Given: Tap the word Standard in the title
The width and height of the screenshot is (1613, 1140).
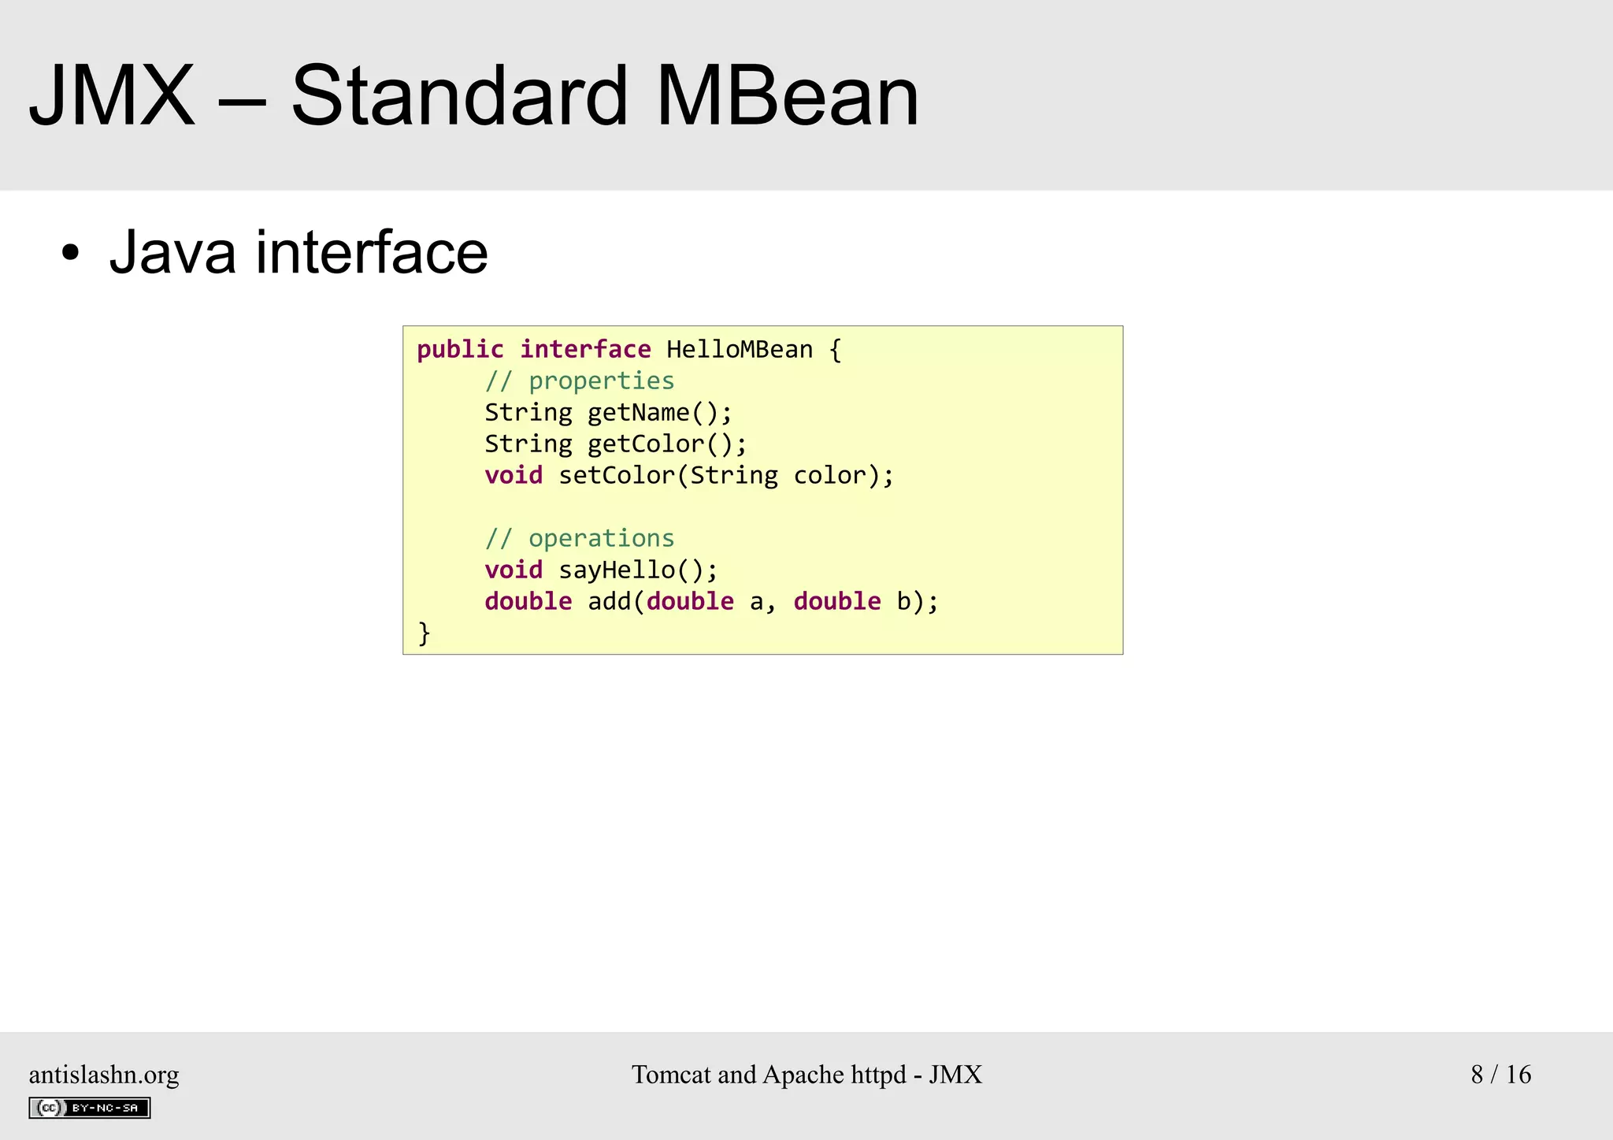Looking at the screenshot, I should (459, 96).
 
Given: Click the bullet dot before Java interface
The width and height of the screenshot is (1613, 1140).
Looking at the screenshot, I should (71, 254).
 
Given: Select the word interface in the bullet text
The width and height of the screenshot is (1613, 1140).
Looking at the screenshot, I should (372, 252).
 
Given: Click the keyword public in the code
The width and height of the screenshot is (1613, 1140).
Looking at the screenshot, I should (460, 350).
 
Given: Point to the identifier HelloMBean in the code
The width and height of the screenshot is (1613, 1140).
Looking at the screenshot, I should (739, 349).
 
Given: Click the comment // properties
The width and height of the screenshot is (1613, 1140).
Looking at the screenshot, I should (580, 381).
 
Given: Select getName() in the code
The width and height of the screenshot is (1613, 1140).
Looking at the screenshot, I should (660, 413).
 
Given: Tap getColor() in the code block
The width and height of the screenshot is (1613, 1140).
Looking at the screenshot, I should (667, 444).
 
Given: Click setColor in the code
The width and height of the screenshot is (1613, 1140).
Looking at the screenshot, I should (617, 476).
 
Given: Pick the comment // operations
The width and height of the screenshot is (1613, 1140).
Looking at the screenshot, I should (580, 539).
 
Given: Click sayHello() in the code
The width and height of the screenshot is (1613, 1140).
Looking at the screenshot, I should (638, 570).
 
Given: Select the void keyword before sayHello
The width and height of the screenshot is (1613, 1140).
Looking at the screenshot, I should (514, 570).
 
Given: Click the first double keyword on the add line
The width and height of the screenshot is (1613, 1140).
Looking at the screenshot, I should (528, 602).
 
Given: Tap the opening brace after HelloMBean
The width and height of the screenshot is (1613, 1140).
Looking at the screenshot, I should (836, 350).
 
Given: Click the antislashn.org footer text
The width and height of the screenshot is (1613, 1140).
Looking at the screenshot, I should (104, 1075).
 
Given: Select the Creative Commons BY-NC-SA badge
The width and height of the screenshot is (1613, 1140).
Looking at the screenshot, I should (90, 1108).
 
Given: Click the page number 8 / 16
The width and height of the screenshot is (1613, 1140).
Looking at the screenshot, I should (1500, 1075).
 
